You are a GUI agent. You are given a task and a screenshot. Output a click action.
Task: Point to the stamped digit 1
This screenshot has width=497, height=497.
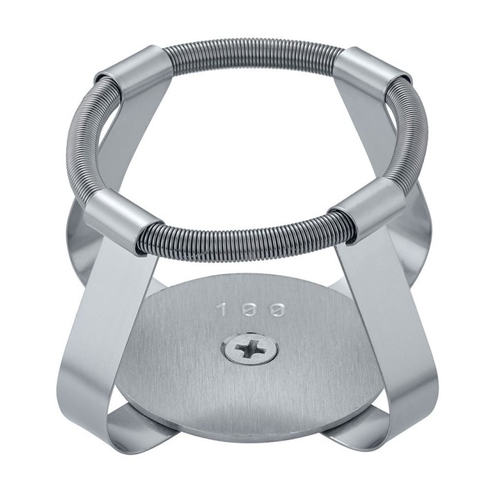[x=223, y=309]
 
